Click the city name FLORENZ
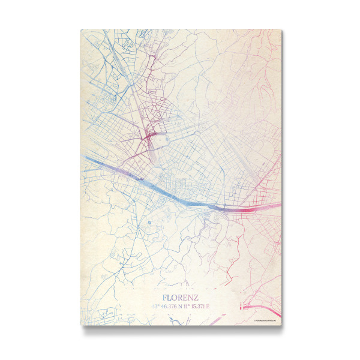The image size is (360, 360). pyautogui.click(x=180, y=297)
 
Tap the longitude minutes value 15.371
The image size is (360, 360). pyautogui.click(x=200, y=307)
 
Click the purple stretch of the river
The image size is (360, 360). pyautogui.click(x=129, y=173)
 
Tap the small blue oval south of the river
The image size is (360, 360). pyautogui.click(x=149, y=223)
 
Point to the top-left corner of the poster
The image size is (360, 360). pyautogui.click(x=80, y=28)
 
